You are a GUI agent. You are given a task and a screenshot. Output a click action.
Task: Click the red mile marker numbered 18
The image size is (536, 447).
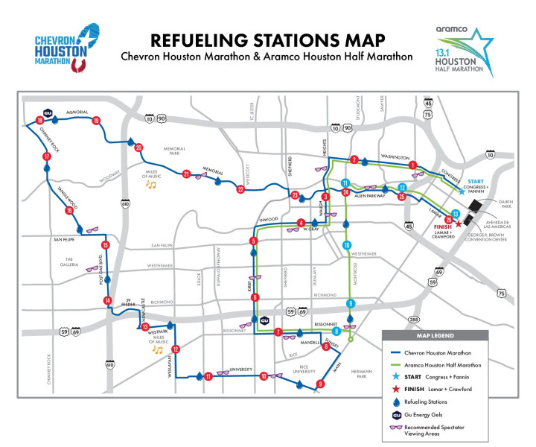coord(39,121)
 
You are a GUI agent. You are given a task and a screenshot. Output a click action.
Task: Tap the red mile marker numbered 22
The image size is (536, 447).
coord(240,189)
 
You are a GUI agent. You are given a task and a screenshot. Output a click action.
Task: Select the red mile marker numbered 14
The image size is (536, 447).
coord(108,300)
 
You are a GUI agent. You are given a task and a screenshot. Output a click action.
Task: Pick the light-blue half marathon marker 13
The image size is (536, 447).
coord(455,213)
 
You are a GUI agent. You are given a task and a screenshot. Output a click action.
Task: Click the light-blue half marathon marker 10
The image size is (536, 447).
coord(347,245)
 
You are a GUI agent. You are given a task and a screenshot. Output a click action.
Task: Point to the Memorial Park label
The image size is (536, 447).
coord(170,153)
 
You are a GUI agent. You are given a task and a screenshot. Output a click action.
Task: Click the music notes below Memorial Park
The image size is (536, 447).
coord(151,183)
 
